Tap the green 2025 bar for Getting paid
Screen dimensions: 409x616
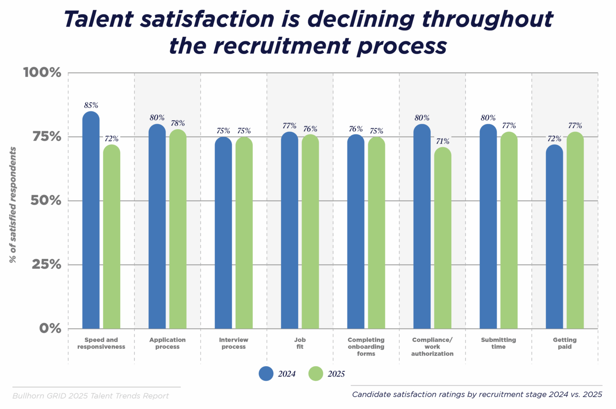pyautogui.click(x=575, y=231)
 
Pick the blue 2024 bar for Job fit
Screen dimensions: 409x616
pyautogui.click(x=290, y=231)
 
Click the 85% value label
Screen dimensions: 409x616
pyautogui.click(x=91, y=105)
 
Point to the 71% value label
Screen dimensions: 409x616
pyautogui.click(x=443, y=141)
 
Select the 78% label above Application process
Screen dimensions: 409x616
pyautogui.click(x=178, y=123)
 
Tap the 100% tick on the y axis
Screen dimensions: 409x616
pyautogui.click(x=42, y=72)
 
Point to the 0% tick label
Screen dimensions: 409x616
pyautogui.click(x=50, y=328)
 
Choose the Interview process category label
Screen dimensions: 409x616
pyautogui.click(x=234, y=343)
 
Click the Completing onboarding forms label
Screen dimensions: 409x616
pyautogui.click(x=366, y=347)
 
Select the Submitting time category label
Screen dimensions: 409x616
pyautogui.click(x=498, y=343)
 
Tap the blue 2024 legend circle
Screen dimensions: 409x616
pyautogui.click(x=266, y=373)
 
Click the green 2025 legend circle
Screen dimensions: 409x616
pyautogui.click(x=316, y=373)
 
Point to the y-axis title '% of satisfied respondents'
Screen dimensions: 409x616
pyautogui.click(x=13, y=205)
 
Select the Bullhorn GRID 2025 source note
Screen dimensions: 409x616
pyautogui.click(x=91, y=396)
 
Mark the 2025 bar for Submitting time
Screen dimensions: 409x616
pyautogui.click(x=509, y=231)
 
